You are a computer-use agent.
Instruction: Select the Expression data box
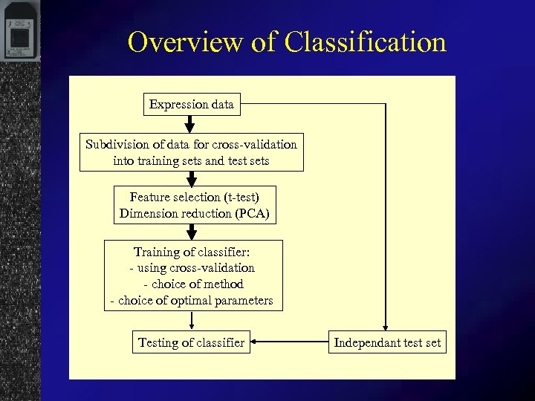tap(191, 105)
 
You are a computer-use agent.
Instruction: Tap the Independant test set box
tap(386, 342)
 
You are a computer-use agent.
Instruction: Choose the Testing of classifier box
tap(191, 342)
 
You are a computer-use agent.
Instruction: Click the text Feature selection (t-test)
tap(194, 198)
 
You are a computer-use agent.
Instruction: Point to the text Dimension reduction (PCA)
tap(194, 214)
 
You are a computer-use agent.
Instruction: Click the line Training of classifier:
tap(192, 252)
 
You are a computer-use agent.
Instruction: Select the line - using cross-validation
tap(192, 268)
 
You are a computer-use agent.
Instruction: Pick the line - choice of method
tap(192, 284)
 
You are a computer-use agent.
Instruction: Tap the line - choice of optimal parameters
tap(192, 301)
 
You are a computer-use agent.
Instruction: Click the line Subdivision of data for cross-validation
tap(191, 144)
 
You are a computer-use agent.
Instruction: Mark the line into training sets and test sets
tap(191, 160)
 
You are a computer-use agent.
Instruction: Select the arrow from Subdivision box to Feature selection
tap(192, 179)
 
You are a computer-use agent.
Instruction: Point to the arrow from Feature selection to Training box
tap(192, 232)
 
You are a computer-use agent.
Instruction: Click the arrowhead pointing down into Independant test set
tap(386, 328)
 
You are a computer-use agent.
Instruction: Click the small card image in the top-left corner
tap(21, 33)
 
